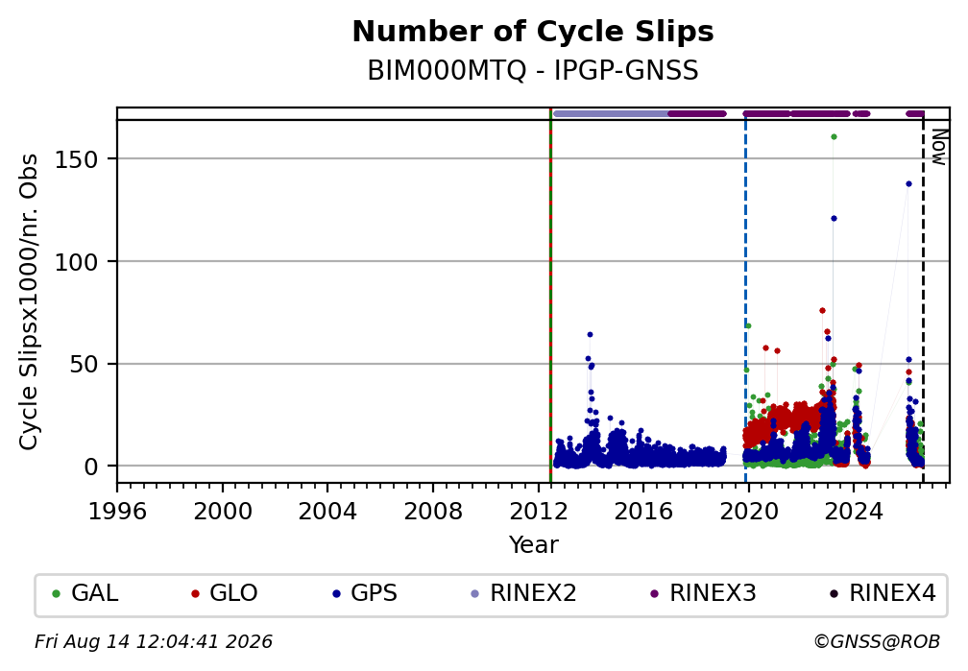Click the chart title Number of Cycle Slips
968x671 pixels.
point(533,32)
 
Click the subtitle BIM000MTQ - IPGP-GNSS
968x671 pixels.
point(533,71)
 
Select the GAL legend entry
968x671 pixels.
point(85,593)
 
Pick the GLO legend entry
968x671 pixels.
point(225,593)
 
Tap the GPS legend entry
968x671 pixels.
point(365,593)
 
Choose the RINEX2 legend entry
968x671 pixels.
point(524,593)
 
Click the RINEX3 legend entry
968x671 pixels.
point(704,593)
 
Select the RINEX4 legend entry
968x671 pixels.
point(883,593)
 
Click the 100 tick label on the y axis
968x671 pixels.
point(77,262)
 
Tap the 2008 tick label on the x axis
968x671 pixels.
point(433,511)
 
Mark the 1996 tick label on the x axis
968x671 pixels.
point(117,511)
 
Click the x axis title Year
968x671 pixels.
point(533,544)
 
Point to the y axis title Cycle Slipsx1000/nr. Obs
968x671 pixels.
point(29,301)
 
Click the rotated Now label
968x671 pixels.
point(939,147)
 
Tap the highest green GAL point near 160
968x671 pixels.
point(834,137)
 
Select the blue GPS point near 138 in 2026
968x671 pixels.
point(908,184)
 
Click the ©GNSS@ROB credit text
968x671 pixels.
point(877,642)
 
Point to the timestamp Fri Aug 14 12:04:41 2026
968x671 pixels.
point(153,642)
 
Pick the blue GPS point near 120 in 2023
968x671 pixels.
point(834,219)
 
